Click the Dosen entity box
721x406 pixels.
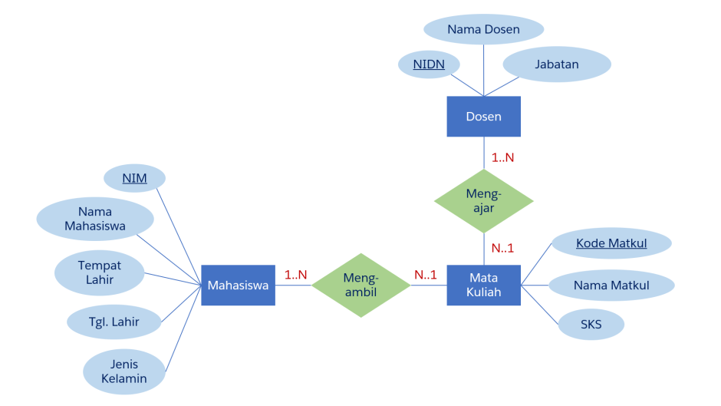(483, 117)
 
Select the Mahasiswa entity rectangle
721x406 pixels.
(238, 286)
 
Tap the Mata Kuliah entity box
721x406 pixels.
(483, 286)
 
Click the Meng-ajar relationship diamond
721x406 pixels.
(483, 201)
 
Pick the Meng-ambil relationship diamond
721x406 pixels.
(360, 286)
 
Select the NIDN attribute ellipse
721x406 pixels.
(429, 64)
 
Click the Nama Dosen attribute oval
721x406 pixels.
(483, 30)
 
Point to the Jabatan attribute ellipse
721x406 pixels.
(557, 64)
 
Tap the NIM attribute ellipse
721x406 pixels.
(134, 179)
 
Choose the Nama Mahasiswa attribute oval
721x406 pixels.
(95, 219)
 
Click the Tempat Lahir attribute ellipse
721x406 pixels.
(100, 272)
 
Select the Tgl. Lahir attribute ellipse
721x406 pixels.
(114, 322)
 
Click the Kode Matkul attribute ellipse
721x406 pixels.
(611, 243)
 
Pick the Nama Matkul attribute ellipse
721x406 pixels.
(611, 286)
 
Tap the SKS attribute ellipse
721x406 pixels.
(591, 325)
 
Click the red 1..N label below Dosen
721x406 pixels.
(502, 157)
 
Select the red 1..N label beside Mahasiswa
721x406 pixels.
(295, 274)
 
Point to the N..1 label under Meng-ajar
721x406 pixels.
(502, 248)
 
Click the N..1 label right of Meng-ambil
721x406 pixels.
(426, 274)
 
